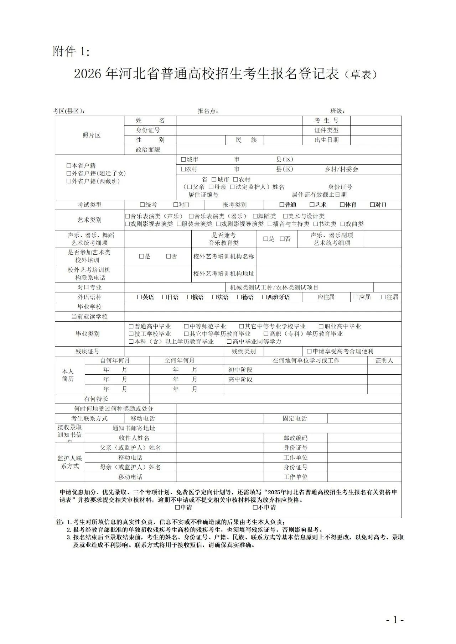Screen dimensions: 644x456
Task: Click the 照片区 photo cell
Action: click(91, 135)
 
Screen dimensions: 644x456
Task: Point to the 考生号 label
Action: click(326, 121)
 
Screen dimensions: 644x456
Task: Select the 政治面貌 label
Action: click(148, 150)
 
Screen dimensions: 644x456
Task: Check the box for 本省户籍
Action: click(69, 166)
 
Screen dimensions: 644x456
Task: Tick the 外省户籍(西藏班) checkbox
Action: click(69, 181)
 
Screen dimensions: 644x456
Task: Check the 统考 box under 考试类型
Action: click(142, 205)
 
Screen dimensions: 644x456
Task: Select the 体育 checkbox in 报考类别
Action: click(342, 205)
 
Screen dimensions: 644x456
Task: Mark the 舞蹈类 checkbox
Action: click(255, 216)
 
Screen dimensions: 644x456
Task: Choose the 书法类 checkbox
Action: click(316, 224)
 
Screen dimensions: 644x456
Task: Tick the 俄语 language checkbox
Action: click(189, 297)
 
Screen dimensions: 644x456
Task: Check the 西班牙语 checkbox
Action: click(264, 297)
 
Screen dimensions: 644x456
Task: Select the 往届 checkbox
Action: click(383, 297)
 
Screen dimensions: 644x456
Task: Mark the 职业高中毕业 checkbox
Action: click(321, 327)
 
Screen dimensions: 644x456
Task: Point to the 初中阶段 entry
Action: click(240, 370)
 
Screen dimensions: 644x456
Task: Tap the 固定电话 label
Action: click(295, 419)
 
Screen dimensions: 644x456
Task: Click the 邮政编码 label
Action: click(295, 438)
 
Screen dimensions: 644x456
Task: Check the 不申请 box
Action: click(255, 508)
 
